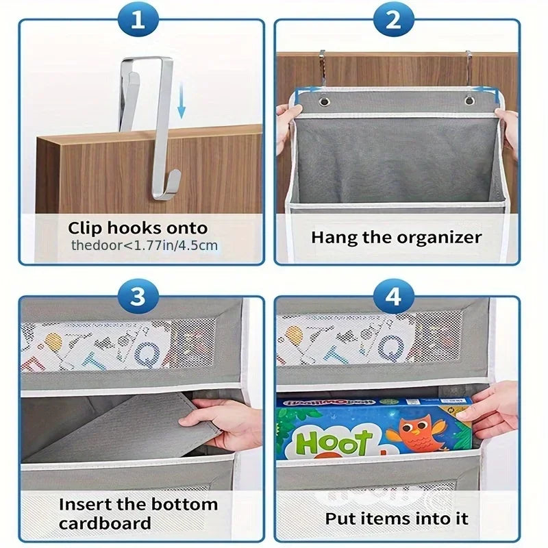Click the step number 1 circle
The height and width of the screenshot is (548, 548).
pos(139,21)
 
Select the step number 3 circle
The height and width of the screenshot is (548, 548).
pos(139,297)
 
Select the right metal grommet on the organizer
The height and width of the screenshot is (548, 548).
pos(470,101)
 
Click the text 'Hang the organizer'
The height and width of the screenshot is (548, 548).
pos(397,238)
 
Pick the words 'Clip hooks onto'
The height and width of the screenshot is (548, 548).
pos(138,228)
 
